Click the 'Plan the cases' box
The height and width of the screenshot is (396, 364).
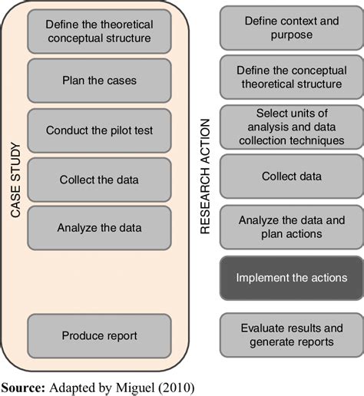(x=99, y=81)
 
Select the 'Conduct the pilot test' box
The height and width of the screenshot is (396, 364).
(x=99, y=130)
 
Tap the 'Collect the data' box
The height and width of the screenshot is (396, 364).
(x=99, y=180)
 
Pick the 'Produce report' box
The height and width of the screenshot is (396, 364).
(x=99, y=336)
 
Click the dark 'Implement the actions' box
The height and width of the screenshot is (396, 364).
(x=292, y=278)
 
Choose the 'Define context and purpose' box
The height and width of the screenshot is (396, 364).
(x=292, y=28)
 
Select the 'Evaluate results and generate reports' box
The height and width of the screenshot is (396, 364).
(x=292, y=335)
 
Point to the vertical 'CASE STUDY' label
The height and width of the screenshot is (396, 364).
(x=15, y=180)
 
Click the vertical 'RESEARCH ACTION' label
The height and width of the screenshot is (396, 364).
(x=205, y=177)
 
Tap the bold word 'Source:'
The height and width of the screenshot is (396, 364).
(x=23, y=388)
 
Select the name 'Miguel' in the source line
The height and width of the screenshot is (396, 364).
(x=135, y=388)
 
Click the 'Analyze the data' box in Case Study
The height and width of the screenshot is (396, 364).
(x=99, y=228)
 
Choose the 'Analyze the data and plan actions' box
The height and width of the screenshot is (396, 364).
(x=292, y=227)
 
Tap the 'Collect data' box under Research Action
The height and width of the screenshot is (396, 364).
(x=292, y=177)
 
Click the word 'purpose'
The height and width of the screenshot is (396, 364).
(x=292, y=35)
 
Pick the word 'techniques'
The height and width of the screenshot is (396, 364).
(x=317, y=140)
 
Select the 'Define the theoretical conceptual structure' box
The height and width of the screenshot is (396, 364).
(x=99, y=31)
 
